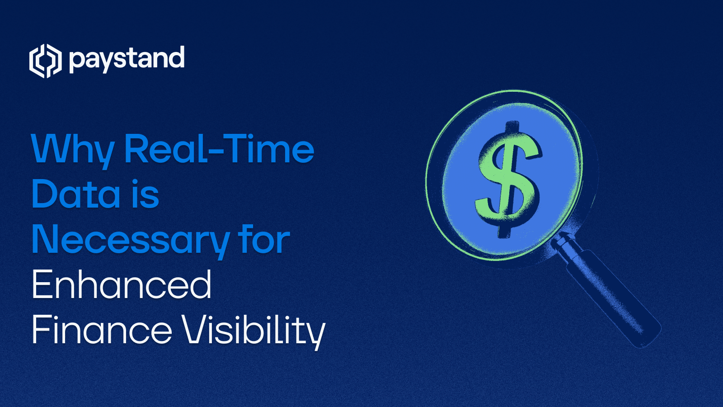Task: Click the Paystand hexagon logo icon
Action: pyautogui.click(x=45, y=61)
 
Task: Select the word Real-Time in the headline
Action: pyautogui.click(x=219, y=149)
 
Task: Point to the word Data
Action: pyautogui.click(x=76, y=194)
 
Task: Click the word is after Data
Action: pyautogui.click(x=146, y=194)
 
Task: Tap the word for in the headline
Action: pyautogui.click(x=264, y=240)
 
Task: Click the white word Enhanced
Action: pyautogui.click(x=122, y=285)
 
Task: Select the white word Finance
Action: pyautogui.click(x=102, y=330)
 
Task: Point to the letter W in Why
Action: pyautogui.click(x=50, y=149)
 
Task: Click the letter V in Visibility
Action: pyautogui.click(x=193, y=330)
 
